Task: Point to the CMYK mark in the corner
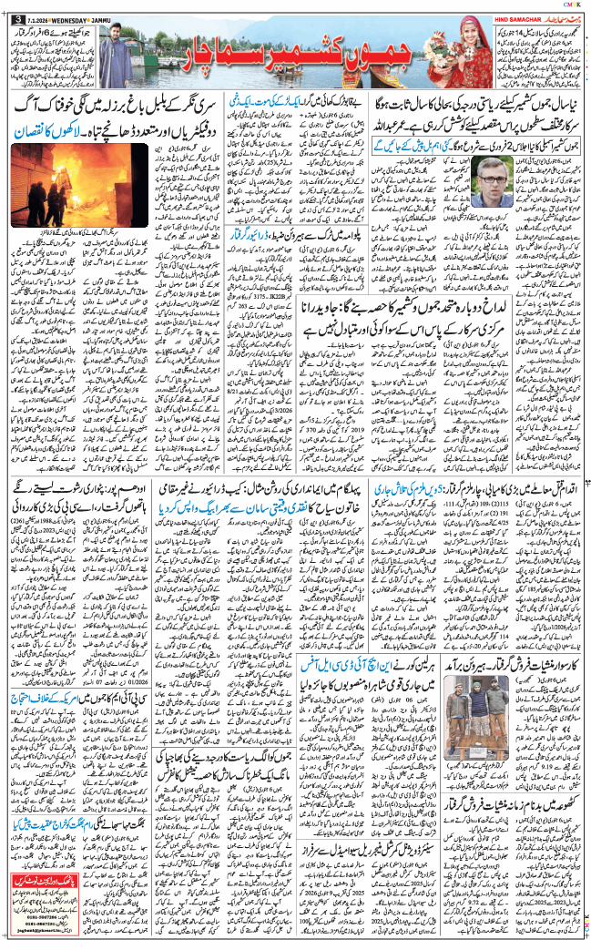tap(574, 5)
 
